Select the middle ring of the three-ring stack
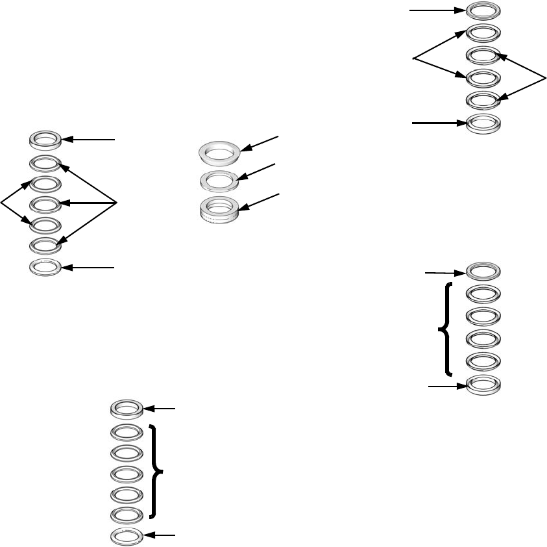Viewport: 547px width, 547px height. [x=219, y=179]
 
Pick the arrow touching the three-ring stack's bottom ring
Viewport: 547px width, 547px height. [x=260, y=201]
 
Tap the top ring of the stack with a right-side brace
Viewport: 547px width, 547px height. [x=127, y=409]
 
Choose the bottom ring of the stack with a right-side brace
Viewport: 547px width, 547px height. [x=127, y=535]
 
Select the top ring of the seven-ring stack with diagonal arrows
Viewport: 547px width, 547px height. [x=46, y=139]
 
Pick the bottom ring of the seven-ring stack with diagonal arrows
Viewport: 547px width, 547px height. [x=46, y=267]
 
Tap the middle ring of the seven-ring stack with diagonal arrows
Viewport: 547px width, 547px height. [x=46, y=205]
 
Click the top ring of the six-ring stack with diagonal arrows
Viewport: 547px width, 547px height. [x=483, y=11]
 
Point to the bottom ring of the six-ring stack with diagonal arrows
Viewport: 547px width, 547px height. [x=483, y=122]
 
